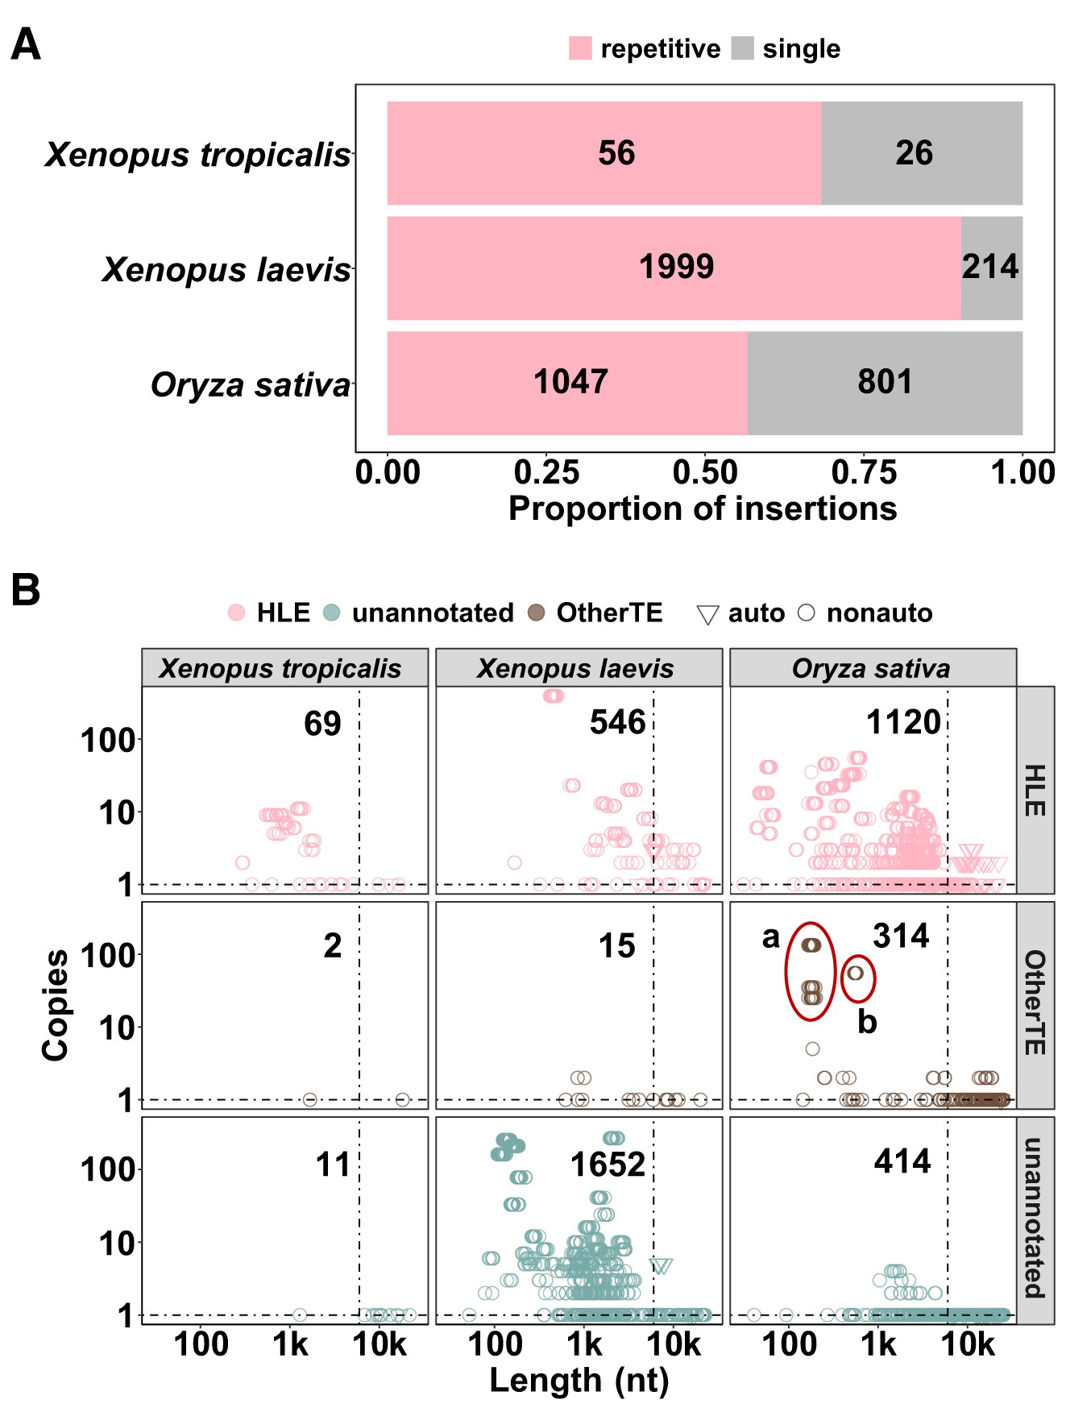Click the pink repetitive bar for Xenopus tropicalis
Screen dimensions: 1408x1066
pos(604,153)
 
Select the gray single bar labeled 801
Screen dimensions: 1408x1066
pos(885,383)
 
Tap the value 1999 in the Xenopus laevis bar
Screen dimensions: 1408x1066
pos(676,267)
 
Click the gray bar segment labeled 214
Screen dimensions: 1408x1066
pos(991,268)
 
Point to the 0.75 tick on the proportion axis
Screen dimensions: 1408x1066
pos(864,472)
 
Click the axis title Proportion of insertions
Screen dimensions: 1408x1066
pos(703,509)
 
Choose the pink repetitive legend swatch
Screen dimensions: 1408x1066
pos(580,48)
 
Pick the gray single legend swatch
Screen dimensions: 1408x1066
pos(742,48)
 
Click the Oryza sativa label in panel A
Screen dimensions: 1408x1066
pos(251,385)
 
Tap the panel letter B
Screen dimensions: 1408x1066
pos(26,590)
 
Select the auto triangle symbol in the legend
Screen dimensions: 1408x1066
pos(707,615)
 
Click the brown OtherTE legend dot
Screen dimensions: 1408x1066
pos(536,613)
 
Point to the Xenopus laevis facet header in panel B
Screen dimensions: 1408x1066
pos(578,668)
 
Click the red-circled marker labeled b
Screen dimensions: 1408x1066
pos(856,974)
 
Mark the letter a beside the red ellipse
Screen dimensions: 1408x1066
pos(771,937)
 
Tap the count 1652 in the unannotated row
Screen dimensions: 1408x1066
pos(608,1165)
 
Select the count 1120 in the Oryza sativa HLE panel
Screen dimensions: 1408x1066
pos(903,723)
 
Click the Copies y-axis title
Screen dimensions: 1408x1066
pos(56,1005)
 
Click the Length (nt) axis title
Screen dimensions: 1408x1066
pos(579,1381)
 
